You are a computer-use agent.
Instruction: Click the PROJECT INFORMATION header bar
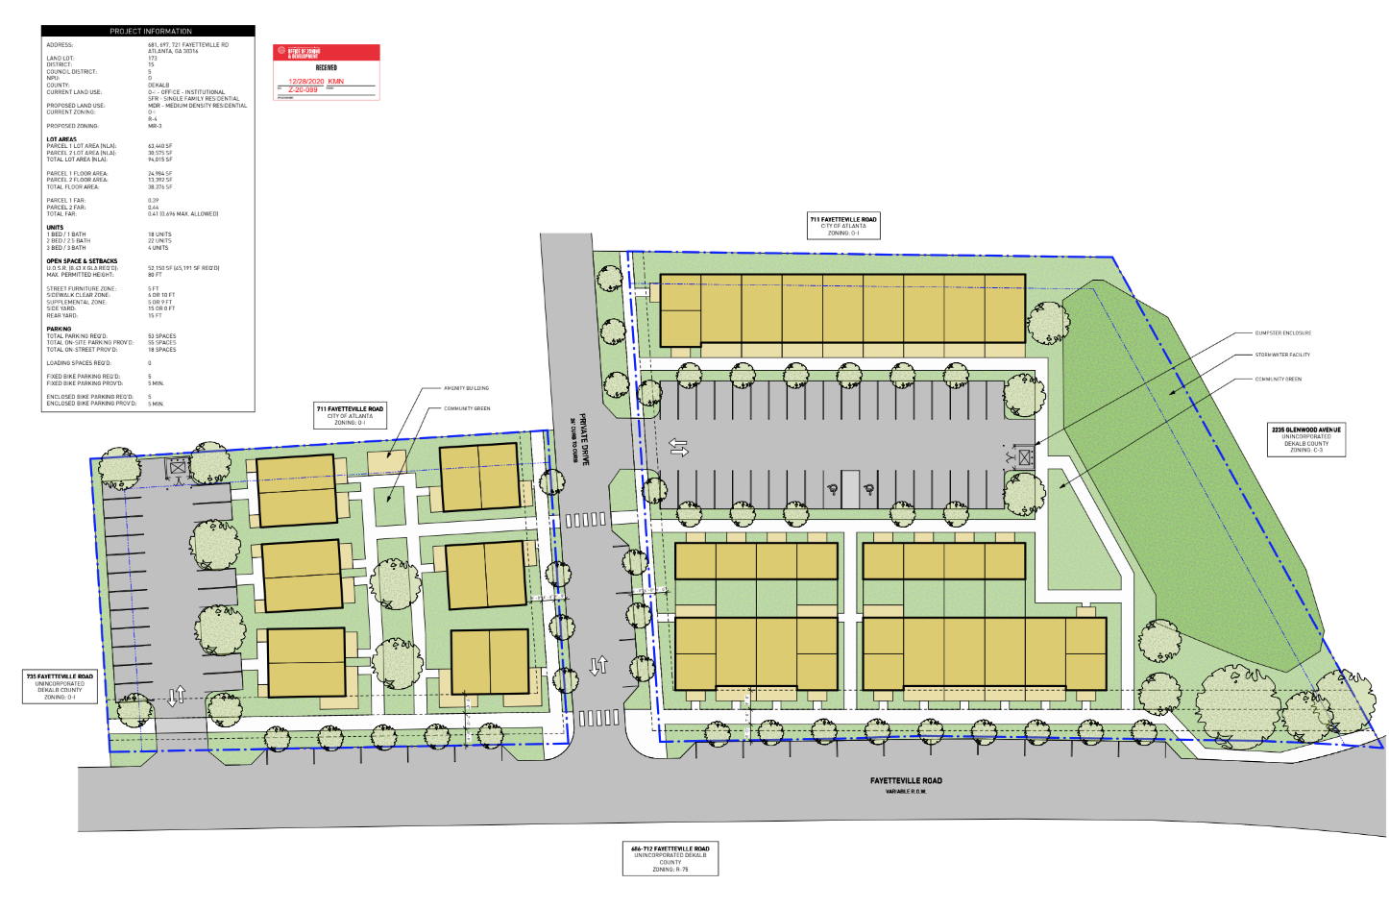(150, 31)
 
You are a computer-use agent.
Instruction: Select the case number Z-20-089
(303, 90)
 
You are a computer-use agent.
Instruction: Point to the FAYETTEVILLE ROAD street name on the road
(906, 781)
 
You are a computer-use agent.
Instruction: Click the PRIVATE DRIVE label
(583, 439)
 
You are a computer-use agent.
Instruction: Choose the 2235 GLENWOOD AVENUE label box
(1305, 439)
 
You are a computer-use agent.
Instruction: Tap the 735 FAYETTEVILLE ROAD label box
(60, 686)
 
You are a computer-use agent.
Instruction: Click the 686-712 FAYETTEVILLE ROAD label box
(670, 858)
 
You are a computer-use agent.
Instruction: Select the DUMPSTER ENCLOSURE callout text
(1282, 333)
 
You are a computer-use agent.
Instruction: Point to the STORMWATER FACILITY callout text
(1281, 356)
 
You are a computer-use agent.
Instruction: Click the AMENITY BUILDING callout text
(466, 388)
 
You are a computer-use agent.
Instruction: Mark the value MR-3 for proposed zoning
(155, 126)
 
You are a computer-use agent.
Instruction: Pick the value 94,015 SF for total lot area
(160, 160)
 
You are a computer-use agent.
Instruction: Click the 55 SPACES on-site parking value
(161, 343)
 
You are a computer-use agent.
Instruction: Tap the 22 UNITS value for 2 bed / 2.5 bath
(159, 241)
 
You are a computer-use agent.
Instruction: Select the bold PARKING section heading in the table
(59, 329)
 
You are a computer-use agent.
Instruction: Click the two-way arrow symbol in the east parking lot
(678, 448)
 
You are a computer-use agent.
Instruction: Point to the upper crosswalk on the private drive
(586, 520)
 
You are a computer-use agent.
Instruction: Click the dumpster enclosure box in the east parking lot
(1026, 457)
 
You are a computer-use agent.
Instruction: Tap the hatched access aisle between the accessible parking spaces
(849, 488)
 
